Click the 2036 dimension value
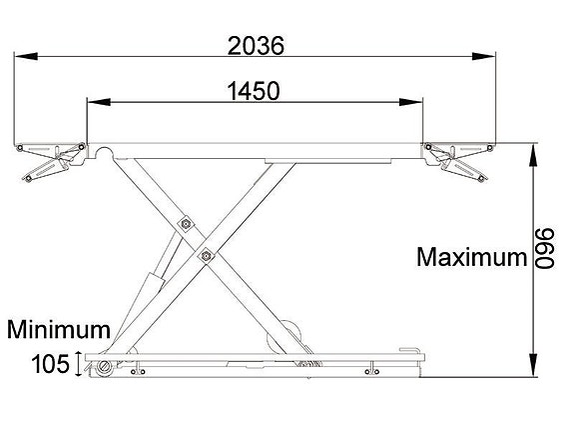(x=257, y=45)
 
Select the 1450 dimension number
(x=253, y=91)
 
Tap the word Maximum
(x=471, y=257)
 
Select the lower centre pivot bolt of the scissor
(x=207, y=256)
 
